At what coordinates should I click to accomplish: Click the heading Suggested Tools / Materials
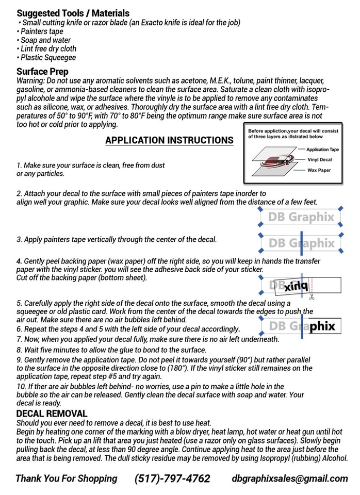(x=73, y=13)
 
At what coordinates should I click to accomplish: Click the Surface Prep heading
(x=42, y=72)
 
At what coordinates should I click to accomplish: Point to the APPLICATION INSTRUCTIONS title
(x=169, y=140)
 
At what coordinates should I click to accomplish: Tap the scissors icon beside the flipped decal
(x=312, y=298)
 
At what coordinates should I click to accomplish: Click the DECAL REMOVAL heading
(x=52, y=414)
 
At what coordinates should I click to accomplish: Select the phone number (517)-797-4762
(x=172, y=478)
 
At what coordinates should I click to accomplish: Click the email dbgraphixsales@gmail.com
(x=290, y=478)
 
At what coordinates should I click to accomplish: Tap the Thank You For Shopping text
(x=66, y=478)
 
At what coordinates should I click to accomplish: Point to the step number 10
(x=21, y=387)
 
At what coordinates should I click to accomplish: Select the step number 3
(x=19, y=240)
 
